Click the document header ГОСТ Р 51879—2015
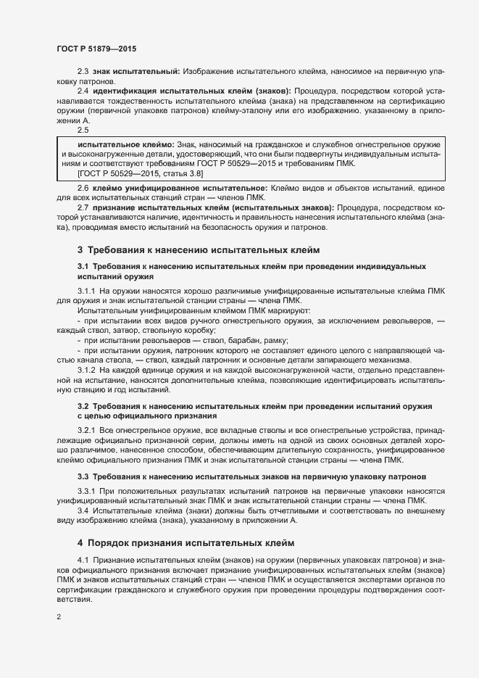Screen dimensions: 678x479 point(96,49)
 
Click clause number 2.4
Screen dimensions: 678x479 point(83,91)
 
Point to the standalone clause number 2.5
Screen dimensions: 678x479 point(83,130)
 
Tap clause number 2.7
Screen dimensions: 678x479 point(83,207)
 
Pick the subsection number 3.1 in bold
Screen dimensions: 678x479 point(83,267)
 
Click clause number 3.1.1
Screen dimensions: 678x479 point(86,291)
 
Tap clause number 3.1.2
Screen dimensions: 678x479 point(86,370)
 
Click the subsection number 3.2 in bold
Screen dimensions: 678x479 point(83,405)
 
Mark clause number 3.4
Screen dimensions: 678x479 point(83,511)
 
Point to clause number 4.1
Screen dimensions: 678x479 point(83,561)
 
